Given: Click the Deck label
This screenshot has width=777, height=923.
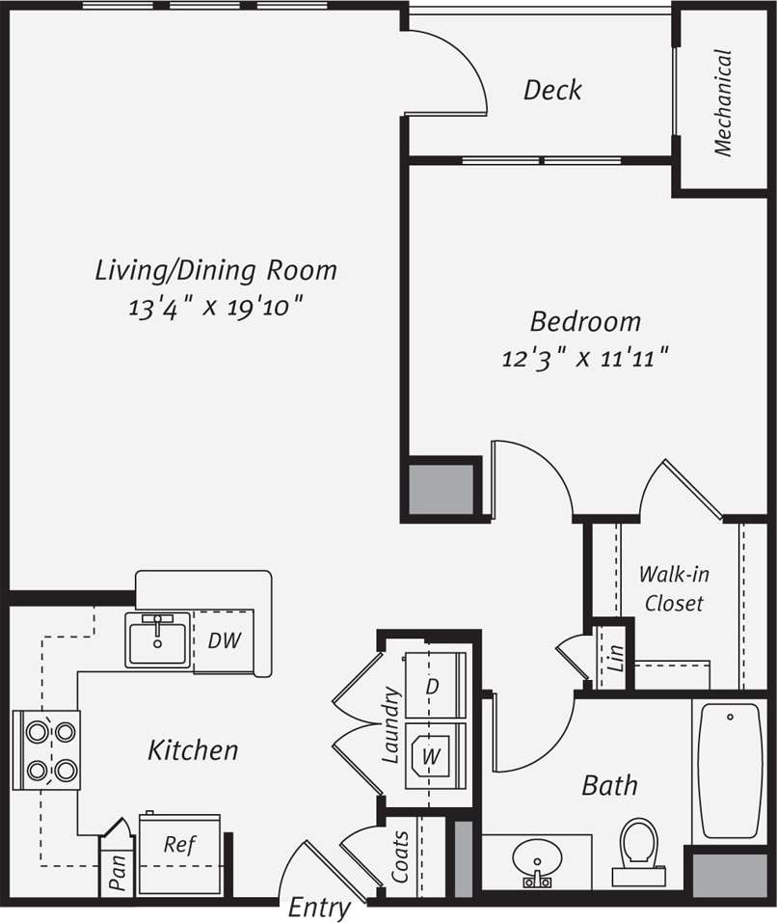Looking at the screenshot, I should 552,91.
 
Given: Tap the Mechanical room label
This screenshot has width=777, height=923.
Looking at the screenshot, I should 723,103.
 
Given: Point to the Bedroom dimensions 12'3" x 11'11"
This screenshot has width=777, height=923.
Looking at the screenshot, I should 585,359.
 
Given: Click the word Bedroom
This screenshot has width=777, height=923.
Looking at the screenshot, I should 585,321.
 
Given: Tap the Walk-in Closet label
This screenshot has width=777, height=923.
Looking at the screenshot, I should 675,588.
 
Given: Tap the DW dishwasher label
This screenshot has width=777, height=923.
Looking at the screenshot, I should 224,639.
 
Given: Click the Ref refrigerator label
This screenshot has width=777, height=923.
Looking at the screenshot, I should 179,845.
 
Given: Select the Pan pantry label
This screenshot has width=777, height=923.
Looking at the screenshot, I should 118,874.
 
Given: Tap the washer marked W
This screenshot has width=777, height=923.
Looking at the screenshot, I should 431,757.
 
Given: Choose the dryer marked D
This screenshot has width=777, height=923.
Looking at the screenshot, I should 433,687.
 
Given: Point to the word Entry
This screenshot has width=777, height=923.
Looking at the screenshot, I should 319,908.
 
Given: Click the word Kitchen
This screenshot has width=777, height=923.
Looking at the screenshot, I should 193,749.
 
